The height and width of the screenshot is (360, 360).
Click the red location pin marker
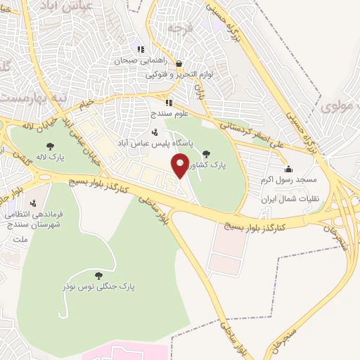(180, 167)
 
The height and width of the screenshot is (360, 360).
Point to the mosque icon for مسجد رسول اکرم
(288, 169)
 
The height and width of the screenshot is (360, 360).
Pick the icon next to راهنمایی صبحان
(141, 49)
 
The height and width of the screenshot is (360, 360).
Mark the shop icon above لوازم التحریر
(179, 63)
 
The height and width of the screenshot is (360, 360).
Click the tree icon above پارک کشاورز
(205, 153)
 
